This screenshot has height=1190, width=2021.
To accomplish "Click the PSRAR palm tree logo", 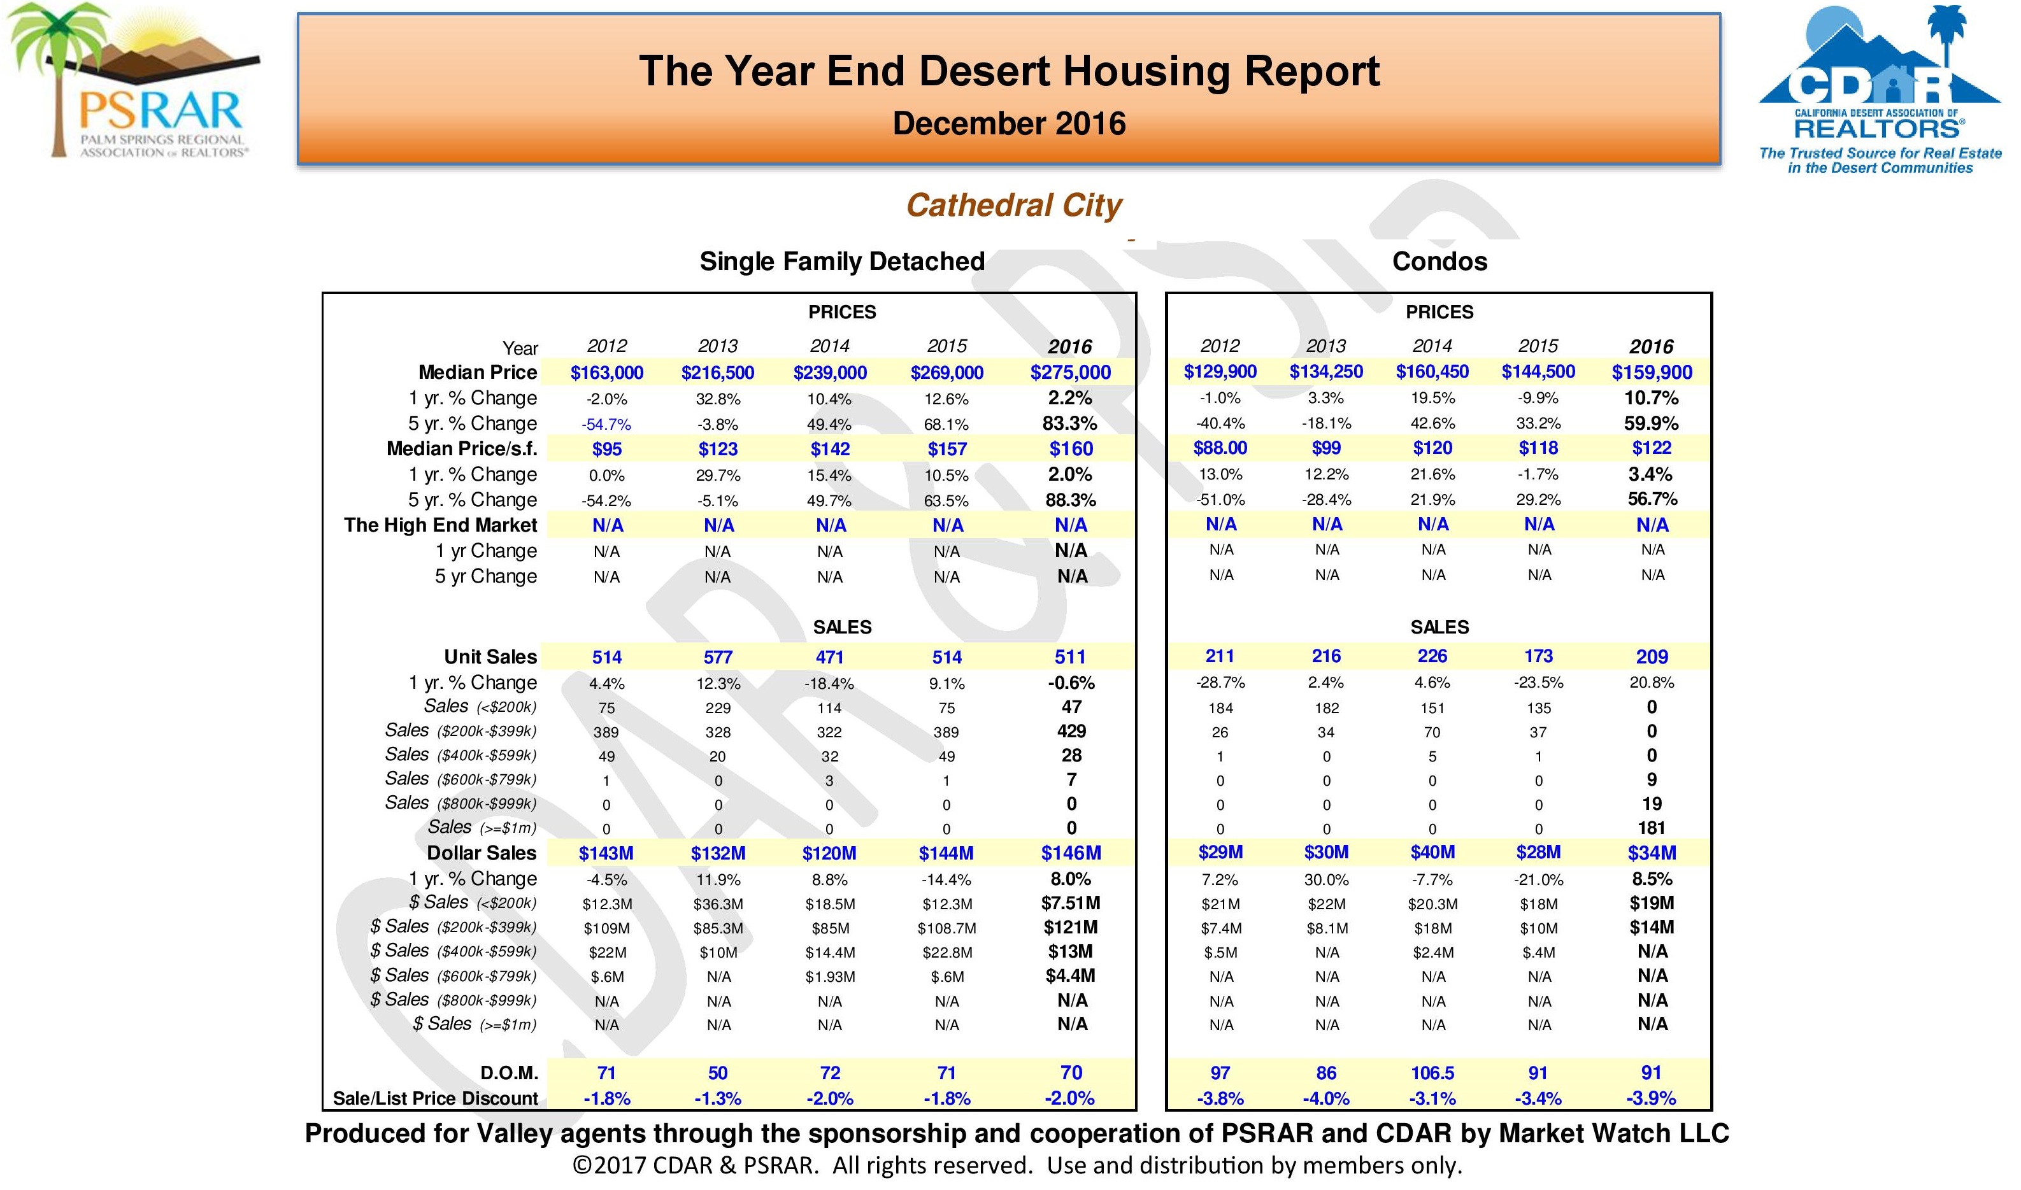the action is point(132,80).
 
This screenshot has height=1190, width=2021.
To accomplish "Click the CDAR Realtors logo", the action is point(1879,90).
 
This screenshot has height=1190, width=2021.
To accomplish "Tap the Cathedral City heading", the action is point(1014,205).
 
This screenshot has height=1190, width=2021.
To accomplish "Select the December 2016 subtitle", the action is point(1009,124).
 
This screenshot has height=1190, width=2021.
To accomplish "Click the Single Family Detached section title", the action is point(842,262).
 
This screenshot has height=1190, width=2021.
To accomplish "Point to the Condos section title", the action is point(1439,262).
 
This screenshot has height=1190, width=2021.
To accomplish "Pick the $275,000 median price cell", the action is point(1071,372).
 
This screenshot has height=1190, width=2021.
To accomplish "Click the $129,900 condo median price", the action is point(1220,371).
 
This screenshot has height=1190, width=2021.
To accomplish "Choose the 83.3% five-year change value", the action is point(1071,423).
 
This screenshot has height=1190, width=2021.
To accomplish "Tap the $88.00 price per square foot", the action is point(1220,448).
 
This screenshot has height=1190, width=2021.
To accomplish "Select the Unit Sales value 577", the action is point(718,658).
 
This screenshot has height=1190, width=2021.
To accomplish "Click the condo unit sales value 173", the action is point(1538,656).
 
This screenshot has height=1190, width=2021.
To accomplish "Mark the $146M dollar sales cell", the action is point(1071,853).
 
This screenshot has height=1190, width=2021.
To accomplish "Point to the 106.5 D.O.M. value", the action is point(1432,1073).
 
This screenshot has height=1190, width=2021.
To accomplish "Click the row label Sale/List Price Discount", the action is point(436,1098).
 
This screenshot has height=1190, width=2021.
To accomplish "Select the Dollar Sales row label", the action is point(481,853).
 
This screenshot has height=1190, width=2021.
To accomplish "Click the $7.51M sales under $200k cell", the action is point(1071,903).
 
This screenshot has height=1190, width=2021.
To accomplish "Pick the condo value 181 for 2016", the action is point(1652,828).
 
